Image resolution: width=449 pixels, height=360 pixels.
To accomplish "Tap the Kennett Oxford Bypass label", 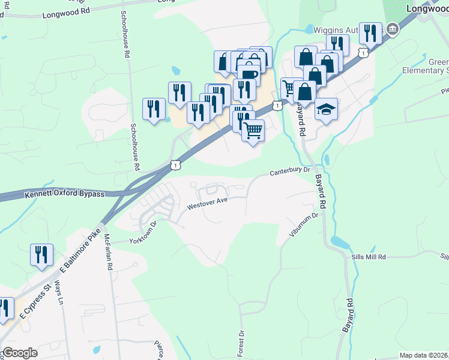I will coord(65,194).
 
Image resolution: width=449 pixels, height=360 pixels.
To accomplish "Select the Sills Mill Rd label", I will coord(369,257).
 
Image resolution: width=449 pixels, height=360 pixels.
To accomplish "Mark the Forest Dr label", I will coord(241,341).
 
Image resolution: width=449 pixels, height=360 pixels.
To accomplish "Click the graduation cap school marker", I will coord(326,109).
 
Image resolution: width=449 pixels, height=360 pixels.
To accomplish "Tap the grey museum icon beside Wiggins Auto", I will coord(393,28).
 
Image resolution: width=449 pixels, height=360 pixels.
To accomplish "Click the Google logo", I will coord(20,353).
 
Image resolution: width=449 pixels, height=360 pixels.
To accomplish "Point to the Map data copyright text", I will coord(424,355).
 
